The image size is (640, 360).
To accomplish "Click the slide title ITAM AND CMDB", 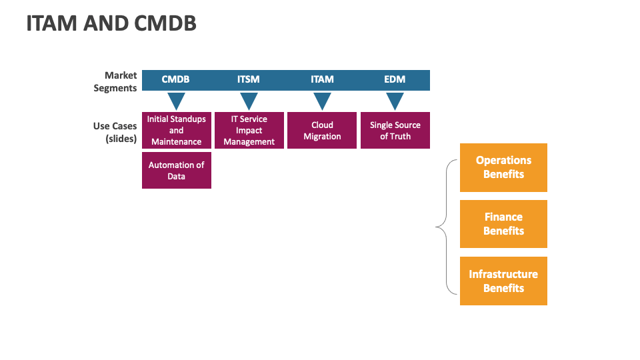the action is (111, 23).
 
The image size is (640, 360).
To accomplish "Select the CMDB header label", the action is (175, 79).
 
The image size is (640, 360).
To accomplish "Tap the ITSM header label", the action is (249, 79).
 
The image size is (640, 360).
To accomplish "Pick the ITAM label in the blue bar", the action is (322, 79).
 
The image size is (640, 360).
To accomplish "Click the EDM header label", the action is (395, 79).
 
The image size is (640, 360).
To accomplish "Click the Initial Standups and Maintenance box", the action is (177, 130).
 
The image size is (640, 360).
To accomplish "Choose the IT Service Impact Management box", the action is (249, 130).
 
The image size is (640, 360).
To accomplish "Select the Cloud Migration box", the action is (322, 130).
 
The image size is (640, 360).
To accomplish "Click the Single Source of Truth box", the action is (395, 130).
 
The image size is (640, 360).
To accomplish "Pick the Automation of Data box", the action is (177, 170).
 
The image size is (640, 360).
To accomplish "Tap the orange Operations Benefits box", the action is (504, 167).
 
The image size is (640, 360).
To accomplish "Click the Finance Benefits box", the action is (504, 224).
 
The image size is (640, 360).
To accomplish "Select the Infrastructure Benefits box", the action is (504, 281).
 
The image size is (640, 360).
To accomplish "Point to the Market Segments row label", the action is (115, 81).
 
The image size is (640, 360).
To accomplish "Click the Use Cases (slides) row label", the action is (115, 132).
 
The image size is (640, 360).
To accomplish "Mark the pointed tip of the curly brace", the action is (436, 227).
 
